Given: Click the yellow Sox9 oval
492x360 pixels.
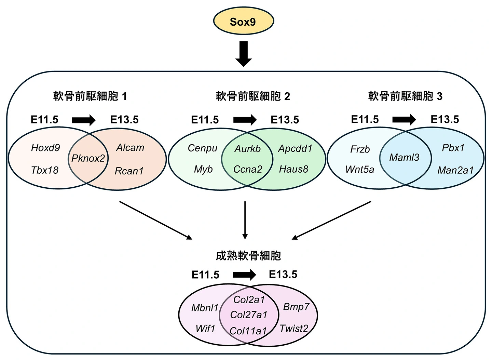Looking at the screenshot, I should pyautogui.click(x=243, y=21).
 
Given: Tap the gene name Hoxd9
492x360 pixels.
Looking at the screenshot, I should pyautogui.click(x=45, y=148).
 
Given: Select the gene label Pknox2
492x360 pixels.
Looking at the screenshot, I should pyautogui.click(x=88, y=158).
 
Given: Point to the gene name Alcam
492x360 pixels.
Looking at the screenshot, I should pyautogui.click(x=130, y=148).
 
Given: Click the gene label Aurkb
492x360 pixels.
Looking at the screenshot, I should pyautogui.click(x=247, y=149).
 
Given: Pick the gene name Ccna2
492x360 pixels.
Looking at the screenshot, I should pyautogui.click(x=248, y=169).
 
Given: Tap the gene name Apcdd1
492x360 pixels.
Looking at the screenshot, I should pyautogui.click(x=295, y=148).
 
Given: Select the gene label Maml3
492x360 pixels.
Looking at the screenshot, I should pyautogui.click(x=404, y=158).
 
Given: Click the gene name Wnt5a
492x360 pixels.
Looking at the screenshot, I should pyautogui.click(x=360, y=170).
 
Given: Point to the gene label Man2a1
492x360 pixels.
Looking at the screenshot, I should pyautogui.click(x=455, y=170).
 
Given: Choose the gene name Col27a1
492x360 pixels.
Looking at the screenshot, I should pyautogui.click(x=249, y=315).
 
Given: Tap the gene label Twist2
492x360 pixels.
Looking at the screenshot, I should pyautogui.click(x=294, y=329).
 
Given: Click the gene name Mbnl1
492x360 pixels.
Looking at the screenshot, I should pyautogui.click(x=205, y=308).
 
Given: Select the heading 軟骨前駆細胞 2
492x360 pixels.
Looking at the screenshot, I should pyautogui.click(x=253, y=96).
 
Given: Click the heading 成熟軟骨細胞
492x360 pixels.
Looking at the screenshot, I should pyautogui.click(x=248, y=256).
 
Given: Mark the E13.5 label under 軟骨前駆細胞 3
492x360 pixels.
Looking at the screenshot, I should pyautogui.click(x=445, y=119).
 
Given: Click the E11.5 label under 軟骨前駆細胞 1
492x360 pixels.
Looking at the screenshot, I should pyautogui.click(x=44, y=120).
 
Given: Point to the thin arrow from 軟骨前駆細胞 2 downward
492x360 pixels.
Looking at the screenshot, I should pyautogui.click(x=245, y=220).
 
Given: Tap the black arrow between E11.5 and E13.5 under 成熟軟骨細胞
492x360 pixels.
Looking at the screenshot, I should pyautogui.click(x=244, y=275).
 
